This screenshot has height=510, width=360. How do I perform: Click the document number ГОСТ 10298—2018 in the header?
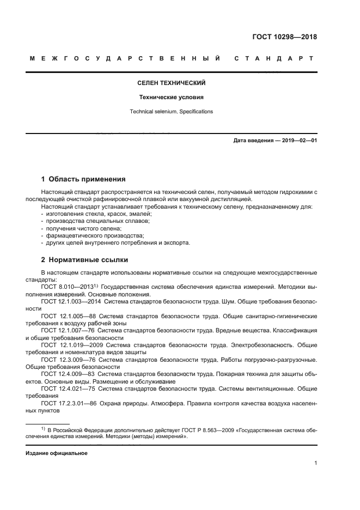tap(285, 38)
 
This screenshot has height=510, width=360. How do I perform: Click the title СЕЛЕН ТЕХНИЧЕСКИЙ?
tap(171, 83)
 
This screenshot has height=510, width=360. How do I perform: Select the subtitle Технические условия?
tap(171, 98)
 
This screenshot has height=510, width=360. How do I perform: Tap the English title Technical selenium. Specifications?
tap(171, 112)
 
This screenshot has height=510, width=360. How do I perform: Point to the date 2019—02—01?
tap(298, 141)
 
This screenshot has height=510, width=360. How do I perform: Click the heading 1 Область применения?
tap(84, 179)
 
